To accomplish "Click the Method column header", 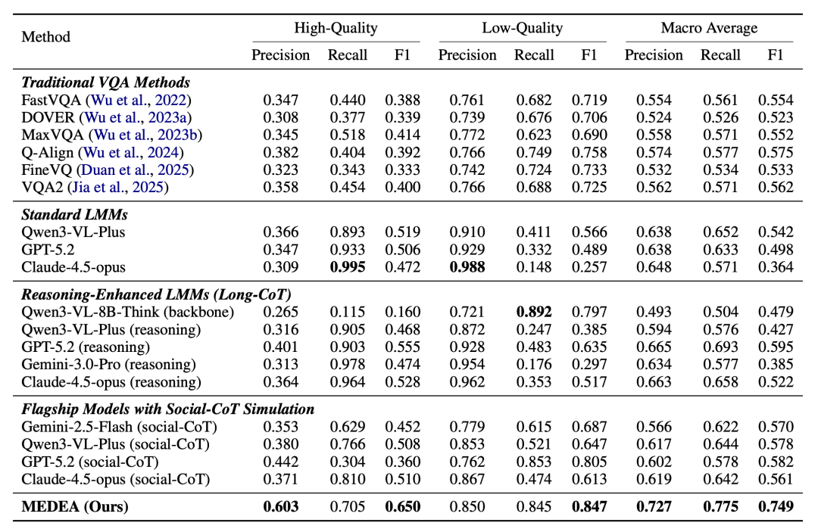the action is tap(45, 37).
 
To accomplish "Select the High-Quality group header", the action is tap(336, 27).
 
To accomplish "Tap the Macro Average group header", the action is tap(709, 27).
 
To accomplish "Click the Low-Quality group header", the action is tap(522, 27).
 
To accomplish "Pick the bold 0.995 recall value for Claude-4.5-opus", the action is tap(348, 267).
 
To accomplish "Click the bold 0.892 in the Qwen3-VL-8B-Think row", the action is tap(534, 312).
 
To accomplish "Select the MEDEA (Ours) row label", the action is tap(74, 506).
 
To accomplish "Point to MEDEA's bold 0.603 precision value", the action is tap(281, 506).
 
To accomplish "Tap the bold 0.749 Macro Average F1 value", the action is tap(776, 506).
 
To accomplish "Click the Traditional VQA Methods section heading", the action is tap(105, 82).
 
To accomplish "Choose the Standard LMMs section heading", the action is tap(74, 215).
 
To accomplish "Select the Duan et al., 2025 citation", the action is tap(136, 170).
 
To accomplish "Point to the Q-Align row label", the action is tap(48, 153).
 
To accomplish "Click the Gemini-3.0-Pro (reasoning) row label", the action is tap(108, 365).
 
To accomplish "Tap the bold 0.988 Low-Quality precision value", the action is tap(467, 267).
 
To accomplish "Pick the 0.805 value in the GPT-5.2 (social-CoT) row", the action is tap(589, 462).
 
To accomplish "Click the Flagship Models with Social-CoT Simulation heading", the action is tap(168, 409).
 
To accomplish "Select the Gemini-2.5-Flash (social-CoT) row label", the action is tap(120, 427).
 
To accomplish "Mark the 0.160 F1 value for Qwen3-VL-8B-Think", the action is tap(403, 312).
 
